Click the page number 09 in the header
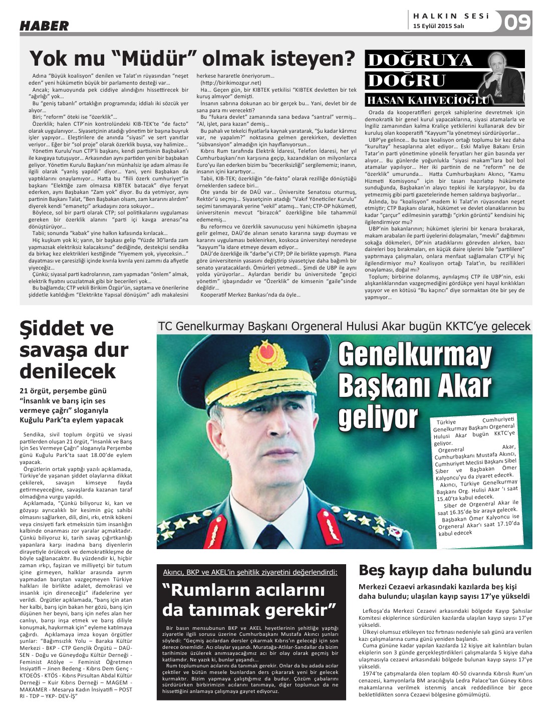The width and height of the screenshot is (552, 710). (516, 23)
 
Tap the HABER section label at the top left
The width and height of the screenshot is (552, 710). (44, 26)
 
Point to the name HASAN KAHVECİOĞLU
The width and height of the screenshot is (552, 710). (426, 100)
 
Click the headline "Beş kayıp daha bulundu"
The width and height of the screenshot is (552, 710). (445, 570)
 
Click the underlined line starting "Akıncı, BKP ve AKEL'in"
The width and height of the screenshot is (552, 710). (250, 572)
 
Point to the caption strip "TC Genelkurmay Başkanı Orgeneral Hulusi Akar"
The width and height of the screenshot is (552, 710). (344, 326)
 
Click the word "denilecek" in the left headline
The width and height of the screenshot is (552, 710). (68, 371)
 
